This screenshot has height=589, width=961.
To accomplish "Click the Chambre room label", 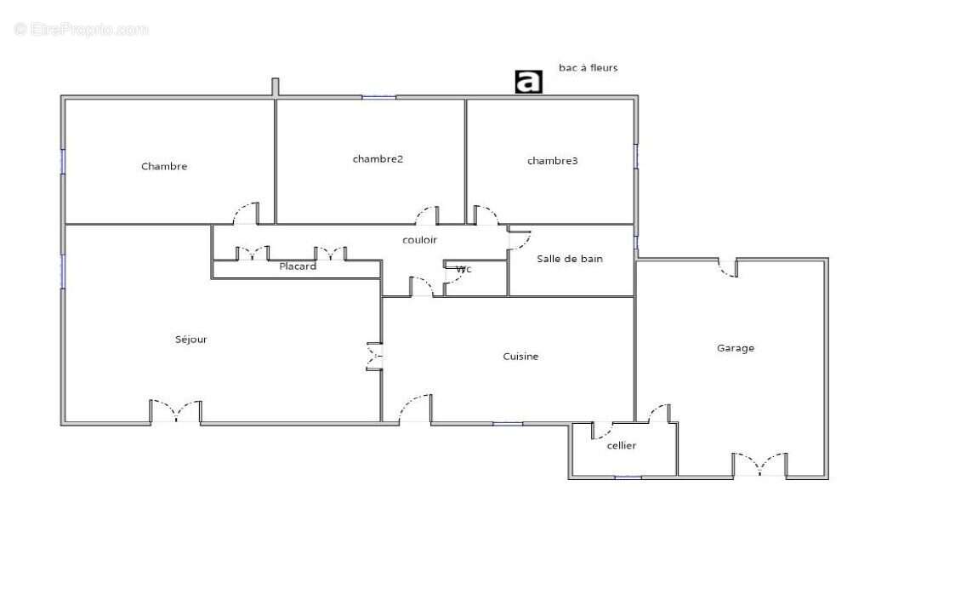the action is click(x=164, y=166).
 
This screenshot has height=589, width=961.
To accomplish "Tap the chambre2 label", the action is click(x=378, y=159).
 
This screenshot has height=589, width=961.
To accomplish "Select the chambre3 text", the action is click(x=552, y=161).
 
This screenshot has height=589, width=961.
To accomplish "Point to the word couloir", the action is click(x=420, y=240).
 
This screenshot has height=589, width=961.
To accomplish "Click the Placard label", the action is click(x=298, y=266).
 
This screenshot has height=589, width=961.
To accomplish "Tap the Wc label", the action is click(x=464, y=269).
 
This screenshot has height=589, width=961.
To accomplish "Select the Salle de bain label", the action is click(x=570, y=259).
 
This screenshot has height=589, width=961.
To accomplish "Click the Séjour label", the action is click(x=191, y=340).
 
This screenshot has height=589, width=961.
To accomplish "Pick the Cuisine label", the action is click(x=520, y=357).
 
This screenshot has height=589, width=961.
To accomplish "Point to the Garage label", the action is click(x=736, y=348).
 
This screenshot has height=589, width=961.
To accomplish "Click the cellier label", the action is click(x=622, y=445).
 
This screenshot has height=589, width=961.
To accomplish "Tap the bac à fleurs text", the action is click(x=589, y=68).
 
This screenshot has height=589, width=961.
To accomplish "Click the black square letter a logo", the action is click(x=528, y=82).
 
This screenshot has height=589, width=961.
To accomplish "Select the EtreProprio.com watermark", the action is click(x=81, y=30).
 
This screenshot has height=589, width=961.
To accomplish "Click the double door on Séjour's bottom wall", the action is click(x=176, y=412).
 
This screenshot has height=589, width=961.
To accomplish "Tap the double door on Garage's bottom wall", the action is click(x=760, y=465).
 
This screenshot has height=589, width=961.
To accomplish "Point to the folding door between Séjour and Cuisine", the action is click(x=374, y=357).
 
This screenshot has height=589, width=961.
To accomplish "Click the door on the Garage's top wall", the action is click(x=728, y=267).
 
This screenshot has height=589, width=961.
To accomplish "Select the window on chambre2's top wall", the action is click(x=378, y=97).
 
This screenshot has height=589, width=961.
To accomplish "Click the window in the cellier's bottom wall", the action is click(x=628, y=477).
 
